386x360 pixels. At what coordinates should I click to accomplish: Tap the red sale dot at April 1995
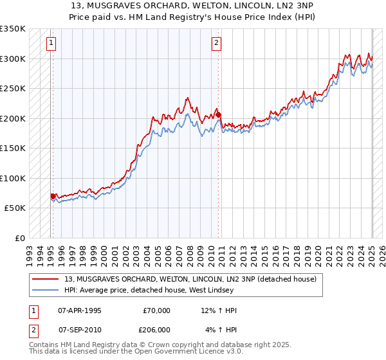point(53,196)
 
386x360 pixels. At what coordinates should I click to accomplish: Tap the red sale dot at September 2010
point(219,115)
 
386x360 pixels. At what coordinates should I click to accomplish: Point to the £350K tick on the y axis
point(13,29)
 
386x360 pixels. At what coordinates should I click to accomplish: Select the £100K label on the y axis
point(13,178)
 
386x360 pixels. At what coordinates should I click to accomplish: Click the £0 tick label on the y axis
point(19,238)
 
